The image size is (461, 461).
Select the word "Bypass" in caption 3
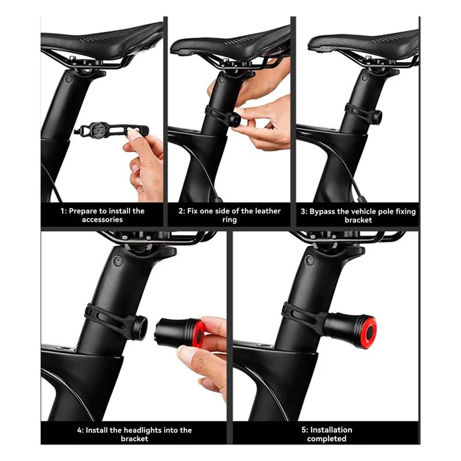pos(328,211)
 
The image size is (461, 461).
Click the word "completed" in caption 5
pos(327,439)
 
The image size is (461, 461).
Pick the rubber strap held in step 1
pos(109,129)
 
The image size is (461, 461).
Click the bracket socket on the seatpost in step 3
pos(376,117)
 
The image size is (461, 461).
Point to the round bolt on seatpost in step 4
pos(117,260)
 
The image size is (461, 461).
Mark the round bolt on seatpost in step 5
pos(309,260)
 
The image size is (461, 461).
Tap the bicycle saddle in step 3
pos(363,43)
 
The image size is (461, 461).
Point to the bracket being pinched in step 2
pos(235,119)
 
